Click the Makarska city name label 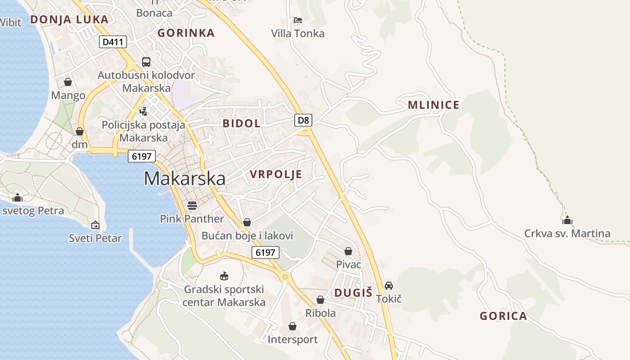(x=184, y=179)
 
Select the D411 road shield (x=112, y=42)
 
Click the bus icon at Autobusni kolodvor (x=146, y=62)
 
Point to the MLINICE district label (x=433, y=105)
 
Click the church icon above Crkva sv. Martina (x=567, y=220)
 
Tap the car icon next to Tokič (x=389, y=286)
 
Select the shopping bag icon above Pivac (x=348, y=251)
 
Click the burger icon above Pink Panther (x=192, y=206)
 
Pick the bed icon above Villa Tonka (x=297, y=20)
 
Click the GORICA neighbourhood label (x=503, y=316)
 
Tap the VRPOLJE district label (x=276, y=175)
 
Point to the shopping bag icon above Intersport (x=292, y=326)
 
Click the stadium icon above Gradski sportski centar (x=224, y=276)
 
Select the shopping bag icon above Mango (x=68, y=82)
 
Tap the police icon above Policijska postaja (x=143, y=111)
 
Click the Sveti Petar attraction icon (x=95, y=225)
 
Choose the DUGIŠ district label (x=353, y=293)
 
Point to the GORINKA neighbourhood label (x=186, y=33)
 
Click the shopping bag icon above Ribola (x=320, y=300)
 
